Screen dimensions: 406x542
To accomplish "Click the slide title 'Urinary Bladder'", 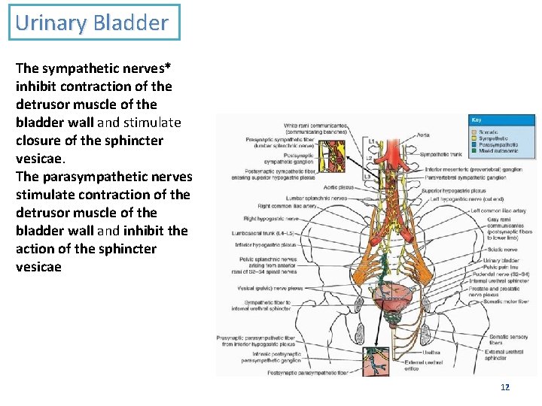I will (91, 23).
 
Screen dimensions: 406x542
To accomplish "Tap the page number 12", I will (505, 387).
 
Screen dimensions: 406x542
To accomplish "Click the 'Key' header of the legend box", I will (477, 120).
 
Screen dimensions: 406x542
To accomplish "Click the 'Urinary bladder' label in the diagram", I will (502, 260).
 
